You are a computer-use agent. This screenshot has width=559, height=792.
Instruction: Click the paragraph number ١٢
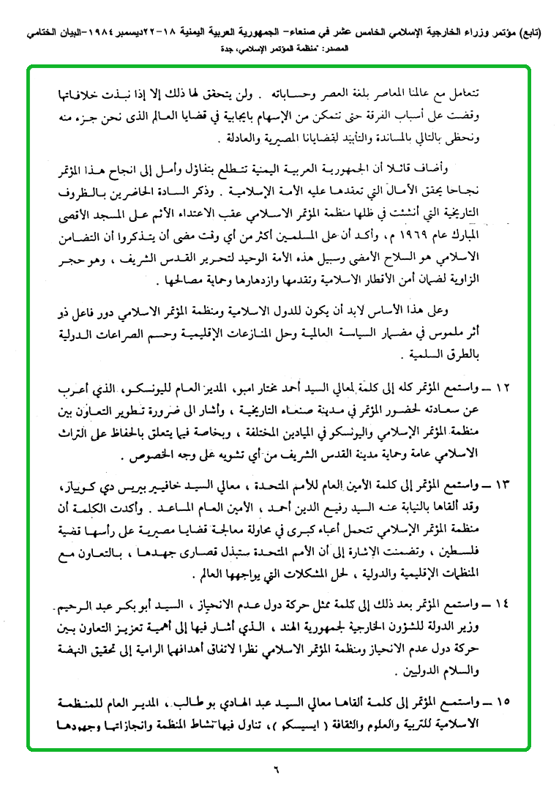pos(504,386)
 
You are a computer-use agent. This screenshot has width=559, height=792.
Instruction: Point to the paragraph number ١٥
pos(504,702)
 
